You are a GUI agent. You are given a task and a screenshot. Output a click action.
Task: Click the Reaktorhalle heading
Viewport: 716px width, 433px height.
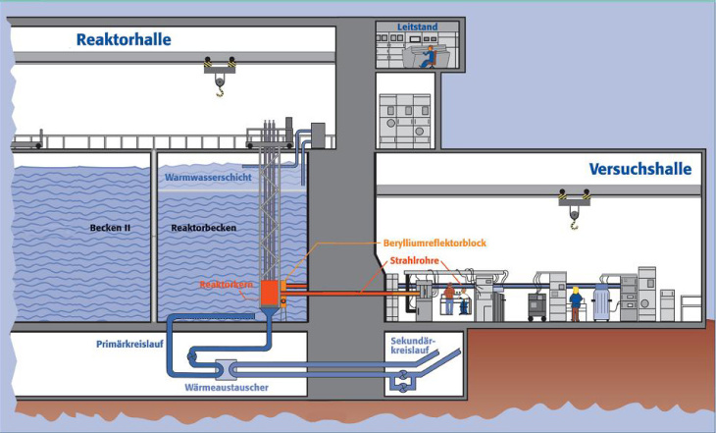(x=124, y=40)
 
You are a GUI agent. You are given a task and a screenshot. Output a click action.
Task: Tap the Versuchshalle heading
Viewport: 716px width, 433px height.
(x=640, y=169)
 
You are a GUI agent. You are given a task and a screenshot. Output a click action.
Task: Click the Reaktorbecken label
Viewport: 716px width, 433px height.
(x=199, y=228)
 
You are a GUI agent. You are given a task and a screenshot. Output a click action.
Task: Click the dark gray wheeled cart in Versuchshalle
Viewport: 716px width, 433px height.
(x=537, y=304)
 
